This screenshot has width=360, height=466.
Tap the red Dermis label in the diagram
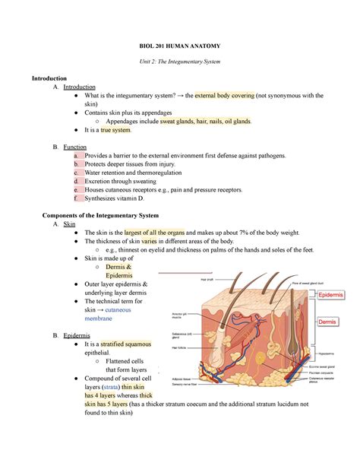coord(327,322)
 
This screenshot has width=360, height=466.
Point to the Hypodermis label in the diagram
coord(325,353)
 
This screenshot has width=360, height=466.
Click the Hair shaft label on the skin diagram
coord(207,280)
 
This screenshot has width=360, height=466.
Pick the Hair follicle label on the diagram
coord(179,347)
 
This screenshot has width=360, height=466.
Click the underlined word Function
coord(74,146)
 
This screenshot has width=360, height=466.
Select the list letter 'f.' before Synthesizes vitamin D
coord(76,198)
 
